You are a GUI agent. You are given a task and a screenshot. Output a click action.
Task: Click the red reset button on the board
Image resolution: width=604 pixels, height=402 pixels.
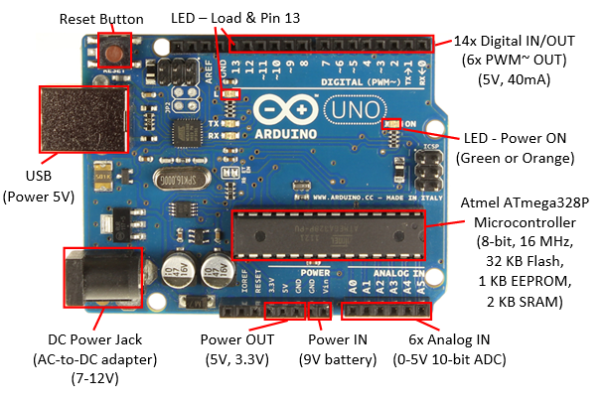pyautogui.click(x=118, y=52)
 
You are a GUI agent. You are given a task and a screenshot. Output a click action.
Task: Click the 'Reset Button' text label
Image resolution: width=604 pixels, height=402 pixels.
pyautogui.click(x=101, y=19)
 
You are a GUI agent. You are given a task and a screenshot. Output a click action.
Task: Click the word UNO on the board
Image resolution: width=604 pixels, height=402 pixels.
pyautogui.click(x=346, y=107)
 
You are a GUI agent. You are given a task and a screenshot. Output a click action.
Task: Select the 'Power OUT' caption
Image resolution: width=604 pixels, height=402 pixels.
pyautogui.click(x=238, y=339)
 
